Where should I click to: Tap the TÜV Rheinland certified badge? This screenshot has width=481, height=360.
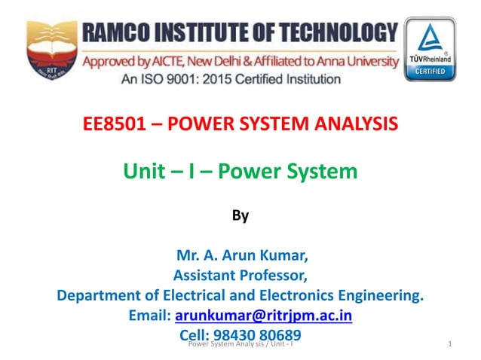coord(430,49)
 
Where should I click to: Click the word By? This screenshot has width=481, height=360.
coord(240,217)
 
